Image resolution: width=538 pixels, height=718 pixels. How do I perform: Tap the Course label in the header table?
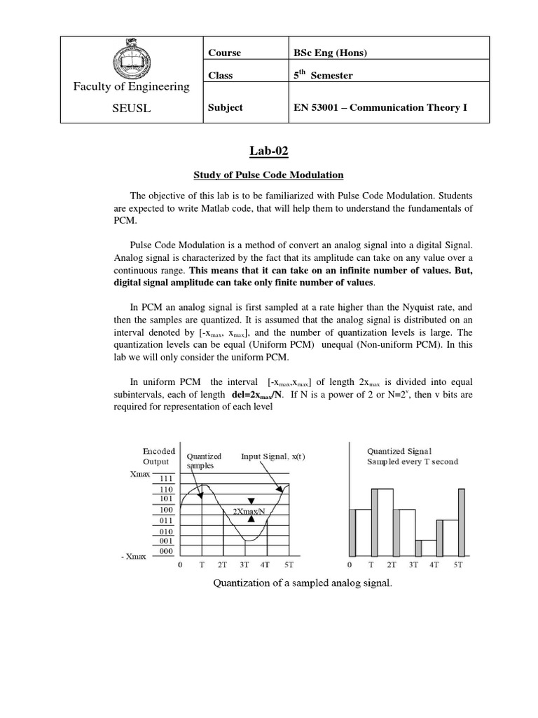(224, 53)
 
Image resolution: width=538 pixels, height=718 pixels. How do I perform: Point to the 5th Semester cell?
(323, 75)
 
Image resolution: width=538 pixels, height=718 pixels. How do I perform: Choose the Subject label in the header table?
(226, 107)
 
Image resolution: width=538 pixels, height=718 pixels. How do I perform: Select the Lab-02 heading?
(269, 149)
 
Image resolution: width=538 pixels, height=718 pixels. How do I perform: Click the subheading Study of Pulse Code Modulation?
(269, 175)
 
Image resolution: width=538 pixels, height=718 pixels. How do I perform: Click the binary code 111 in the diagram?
(165, 478)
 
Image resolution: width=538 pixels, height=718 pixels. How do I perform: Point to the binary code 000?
(165, 551)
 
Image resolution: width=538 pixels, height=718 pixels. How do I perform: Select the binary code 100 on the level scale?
(165, 510)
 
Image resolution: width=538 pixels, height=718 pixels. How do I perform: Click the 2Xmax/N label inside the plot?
(249, 511)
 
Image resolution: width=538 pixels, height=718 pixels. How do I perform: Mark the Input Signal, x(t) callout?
(273, 456)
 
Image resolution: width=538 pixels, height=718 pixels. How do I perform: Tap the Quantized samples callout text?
(202, 461)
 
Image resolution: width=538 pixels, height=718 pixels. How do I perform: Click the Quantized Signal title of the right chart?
(399, 451)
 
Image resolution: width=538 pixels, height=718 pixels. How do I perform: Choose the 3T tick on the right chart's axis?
(414, 564)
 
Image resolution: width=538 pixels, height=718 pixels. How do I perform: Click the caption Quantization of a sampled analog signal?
(303, 583)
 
